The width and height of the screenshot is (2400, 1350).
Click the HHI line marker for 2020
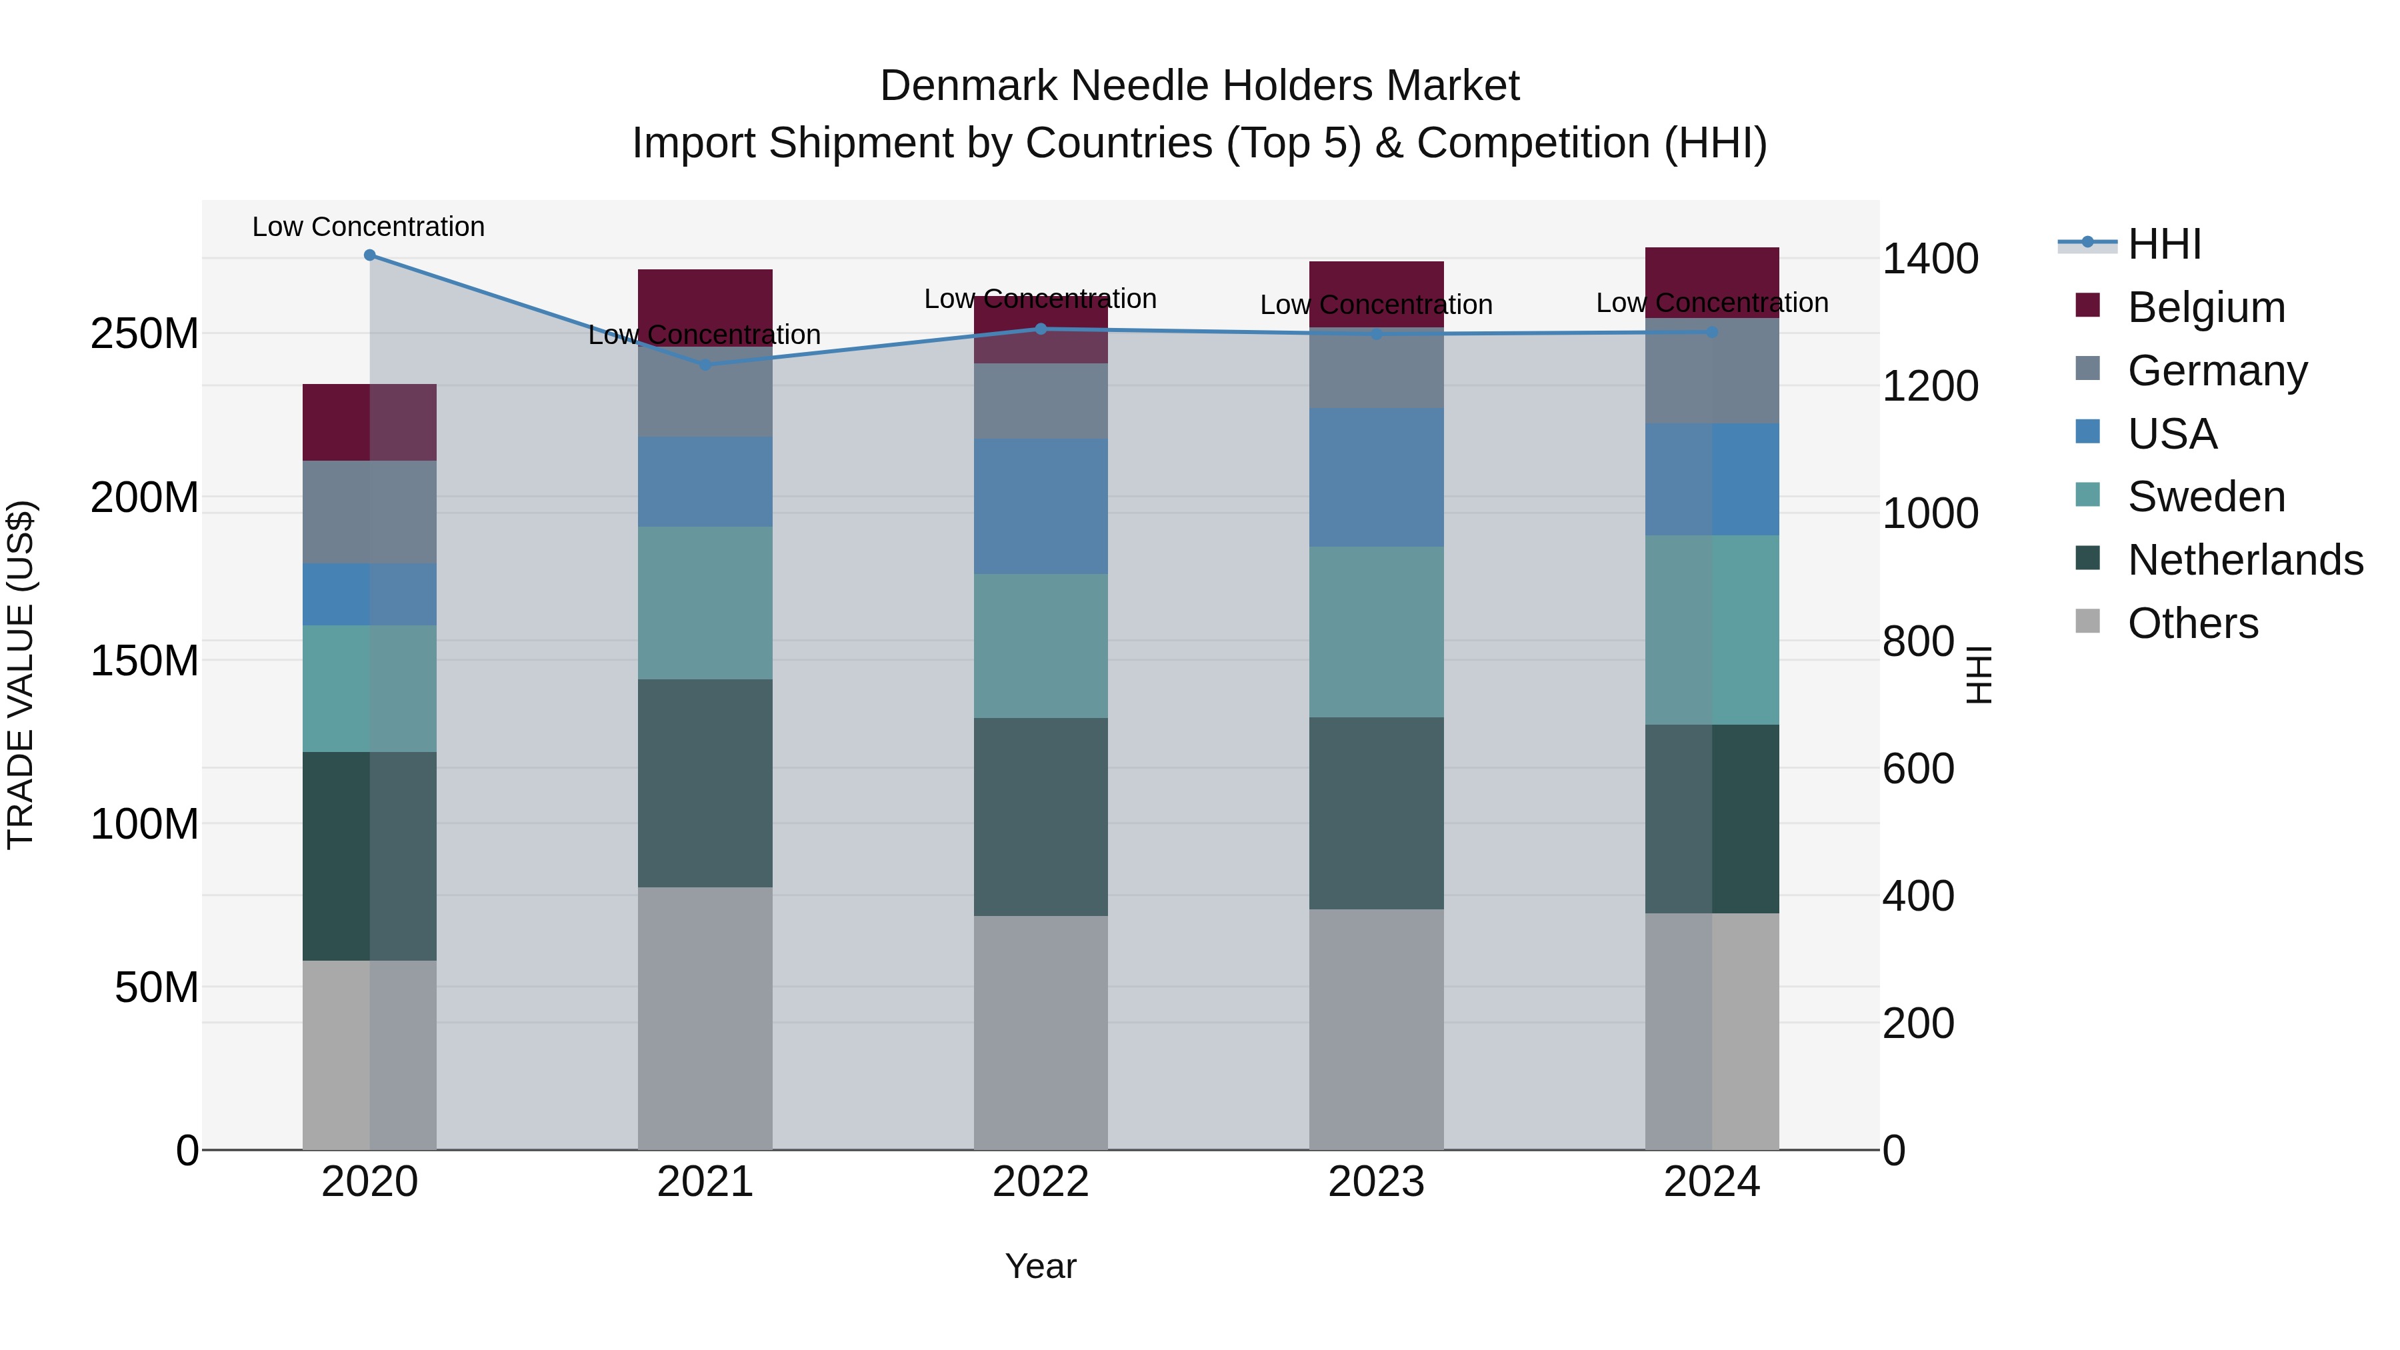[370, 255]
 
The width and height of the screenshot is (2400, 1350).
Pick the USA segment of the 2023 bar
[1376, 477]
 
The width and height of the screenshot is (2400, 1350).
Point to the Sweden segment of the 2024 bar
[1711, 630]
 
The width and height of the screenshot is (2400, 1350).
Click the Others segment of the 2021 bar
[705, 1017]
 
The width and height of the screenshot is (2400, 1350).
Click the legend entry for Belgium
[2205, 307]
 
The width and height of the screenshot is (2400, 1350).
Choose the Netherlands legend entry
[2245, 560]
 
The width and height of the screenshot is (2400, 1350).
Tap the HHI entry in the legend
[2163, 244]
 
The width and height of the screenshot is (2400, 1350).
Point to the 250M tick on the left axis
[145, 333]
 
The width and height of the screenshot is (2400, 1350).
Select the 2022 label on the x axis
[1041, 1182]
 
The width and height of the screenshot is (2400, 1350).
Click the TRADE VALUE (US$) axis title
[21, 675]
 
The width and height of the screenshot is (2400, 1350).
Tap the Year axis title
[1041, 1266]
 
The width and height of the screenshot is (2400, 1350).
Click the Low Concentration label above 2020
[368, 227]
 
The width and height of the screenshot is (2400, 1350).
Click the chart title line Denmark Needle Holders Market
[1199, 86]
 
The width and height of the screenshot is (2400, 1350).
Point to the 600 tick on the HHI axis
[1917, 769]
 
